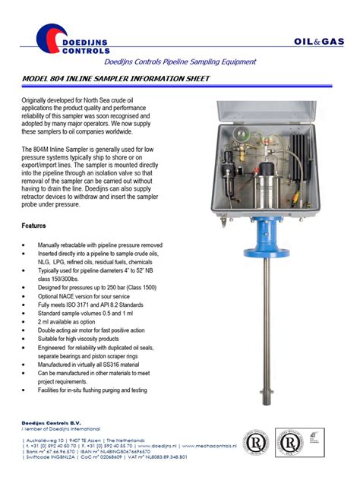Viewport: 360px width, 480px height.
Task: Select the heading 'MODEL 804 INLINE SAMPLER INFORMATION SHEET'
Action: tap(122, 79)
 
